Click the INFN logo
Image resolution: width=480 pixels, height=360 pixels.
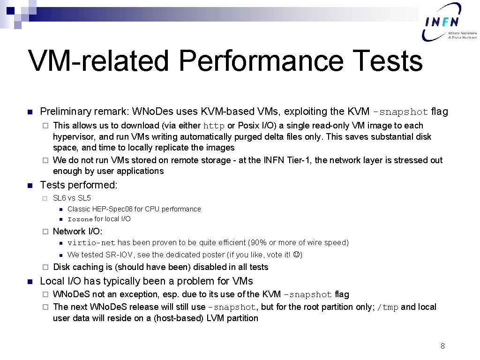[449, 22]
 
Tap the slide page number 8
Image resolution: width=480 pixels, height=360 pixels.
[442, 346]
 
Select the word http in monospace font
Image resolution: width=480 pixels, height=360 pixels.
[214, 126]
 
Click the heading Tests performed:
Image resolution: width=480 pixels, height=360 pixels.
[79, 185]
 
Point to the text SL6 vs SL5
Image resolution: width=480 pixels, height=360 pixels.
[72, 198]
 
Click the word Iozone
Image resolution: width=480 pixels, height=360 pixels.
[80, 219]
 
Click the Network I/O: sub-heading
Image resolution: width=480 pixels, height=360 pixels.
[77, 231]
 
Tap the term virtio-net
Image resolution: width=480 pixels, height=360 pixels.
[91, 243]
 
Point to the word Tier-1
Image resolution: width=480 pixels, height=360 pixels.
[298, 160]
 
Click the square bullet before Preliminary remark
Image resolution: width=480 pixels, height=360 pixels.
[29, 112]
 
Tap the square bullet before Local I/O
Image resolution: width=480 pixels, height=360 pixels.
[29, 282]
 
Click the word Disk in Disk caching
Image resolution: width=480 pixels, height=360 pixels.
[62, 267]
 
